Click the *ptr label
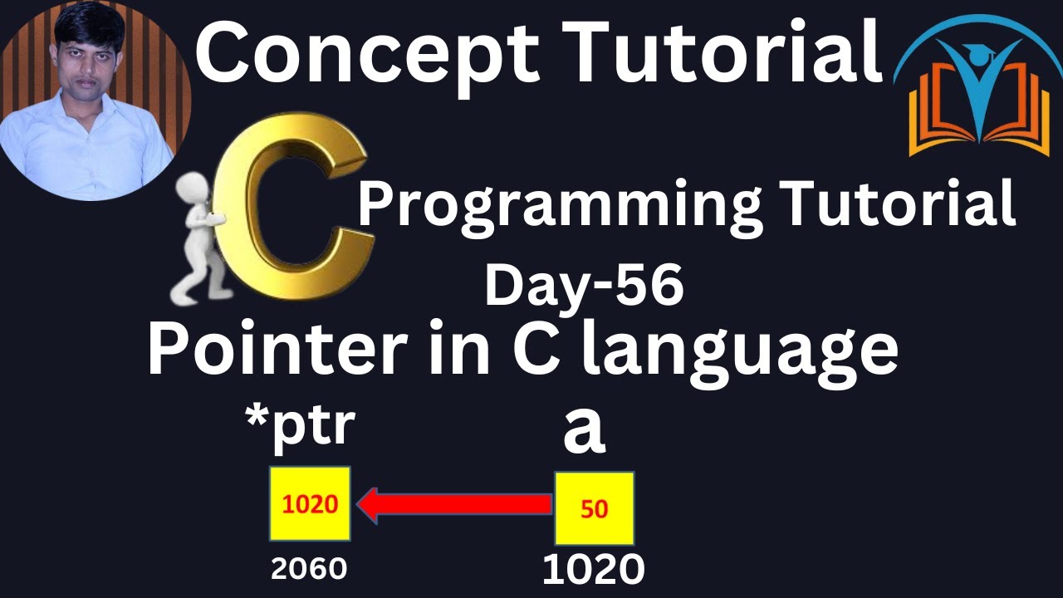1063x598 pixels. pos(301,428)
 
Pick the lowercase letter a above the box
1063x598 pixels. pos(584,432)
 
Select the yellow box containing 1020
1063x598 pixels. pos(310,504)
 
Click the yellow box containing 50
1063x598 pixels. pos(594,508)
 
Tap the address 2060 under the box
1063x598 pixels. pos(309,569)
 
